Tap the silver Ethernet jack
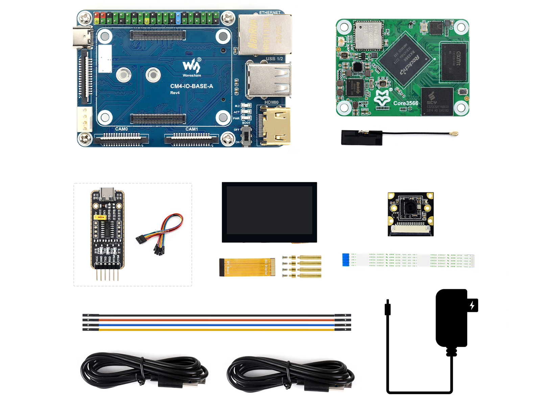click(265, 35)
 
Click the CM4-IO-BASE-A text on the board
click(191, 86)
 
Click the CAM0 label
click(121, 129)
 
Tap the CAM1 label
click(192, 129)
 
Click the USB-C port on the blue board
click(83, 37)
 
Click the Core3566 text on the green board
click(406, 103)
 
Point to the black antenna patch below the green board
click(361, 137)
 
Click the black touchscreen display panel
click(269, 212)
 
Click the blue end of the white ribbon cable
click(346, 260)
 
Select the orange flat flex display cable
click(247, 267)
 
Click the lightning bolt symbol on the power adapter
click(472, 306)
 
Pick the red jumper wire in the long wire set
click(216, 320)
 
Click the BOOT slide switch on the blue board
click(247, 136)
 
